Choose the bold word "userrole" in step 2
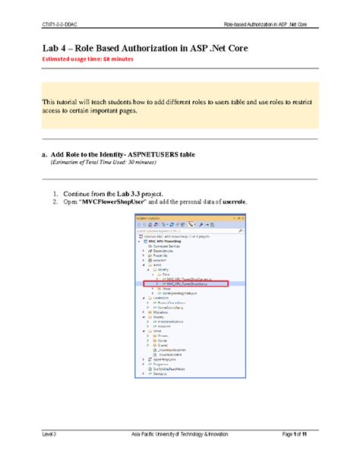[x=229, y=202]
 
